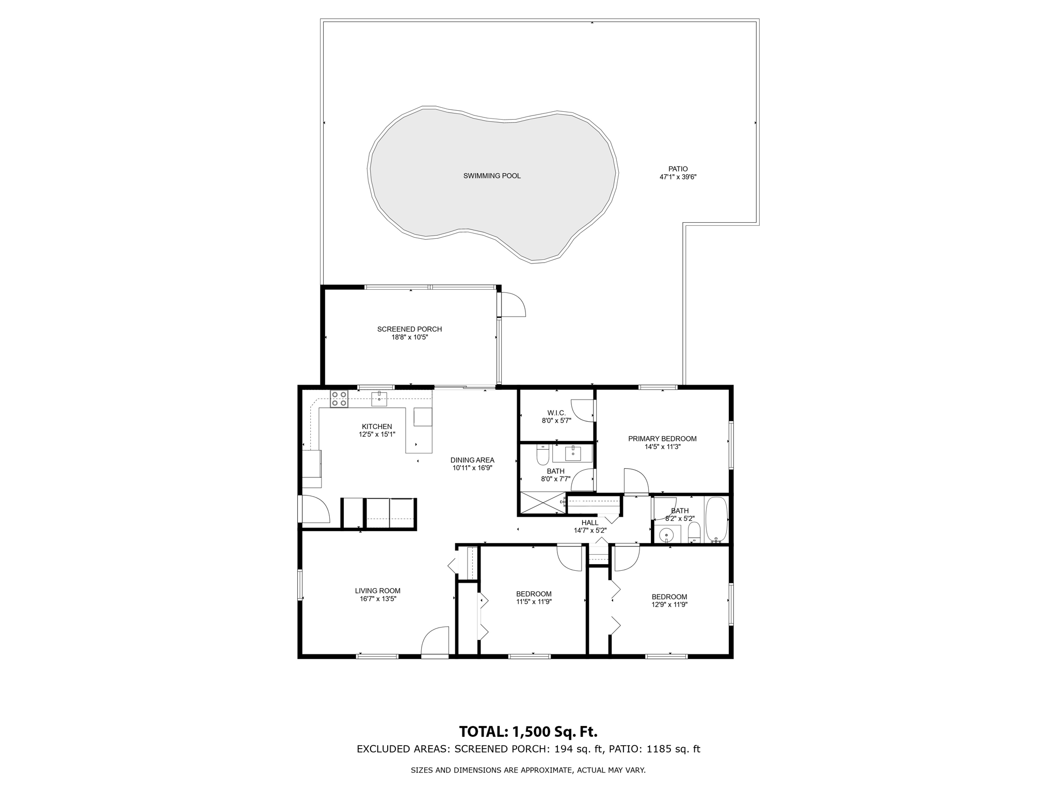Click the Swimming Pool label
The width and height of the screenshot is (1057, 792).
click(x=491, y=176)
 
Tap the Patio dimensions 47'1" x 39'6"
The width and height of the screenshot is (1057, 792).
click(x=678, y=177)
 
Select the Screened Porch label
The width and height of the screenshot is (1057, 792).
click(x=409, y=329)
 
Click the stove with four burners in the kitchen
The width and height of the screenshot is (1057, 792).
click(x=339, y=399)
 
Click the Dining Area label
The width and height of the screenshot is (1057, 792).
click(x=472, y=460)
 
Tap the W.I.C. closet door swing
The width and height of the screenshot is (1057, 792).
click(x=583, y=411)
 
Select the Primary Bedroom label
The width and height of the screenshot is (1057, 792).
click(x=662, y=439)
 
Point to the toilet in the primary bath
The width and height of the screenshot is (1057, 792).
click(x=542, y=455)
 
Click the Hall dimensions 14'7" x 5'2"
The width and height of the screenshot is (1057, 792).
click(x=590, y=530)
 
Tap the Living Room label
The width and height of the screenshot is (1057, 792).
click(x=377, y=591)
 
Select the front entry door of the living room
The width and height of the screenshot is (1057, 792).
click(x=435, y=642)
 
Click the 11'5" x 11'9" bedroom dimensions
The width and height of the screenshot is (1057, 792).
click(x=534, y=602)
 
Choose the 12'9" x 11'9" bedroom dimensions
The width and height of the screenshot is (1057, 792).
click(x=669, y=605)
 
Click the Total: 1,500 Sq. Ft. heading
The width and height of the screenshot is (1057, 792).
click(x=528, y=732)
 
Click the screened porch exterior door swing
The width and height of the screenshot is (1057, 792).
click(x=513, y=305)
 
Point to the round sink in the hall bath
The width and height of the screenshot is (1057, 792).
click(x=667, y=536)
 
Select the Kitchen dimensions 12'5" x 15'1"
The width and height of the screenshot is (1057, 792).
click(x=377, y=434)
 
